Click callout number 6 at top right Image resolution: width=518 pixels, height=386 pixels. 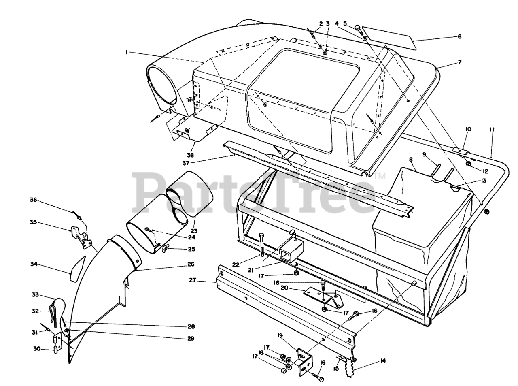459,36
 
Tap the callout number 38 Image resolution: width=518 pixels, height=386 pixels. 190,155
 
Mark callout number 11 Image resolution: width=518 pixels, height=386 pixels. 492,130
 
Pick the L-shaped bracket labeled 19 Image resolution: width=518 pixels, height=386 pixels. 303,361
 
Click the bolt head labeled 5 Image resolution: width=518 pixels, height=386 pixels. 358,28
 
